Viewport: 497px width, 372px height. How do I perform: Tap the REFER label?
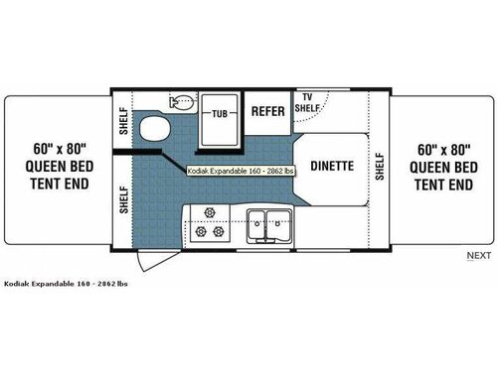tap(268, 112)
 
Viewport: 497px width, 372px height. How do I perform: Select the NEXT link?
tap(478, 256)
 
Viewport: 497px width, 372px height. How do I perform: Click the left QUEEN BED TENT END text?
tap(56, 175)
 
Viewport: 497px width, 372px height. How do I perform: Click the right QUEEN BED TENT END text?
tap(442, 175)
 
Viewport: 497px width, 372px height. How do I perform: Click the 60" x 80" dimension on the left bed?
tap(56, 151)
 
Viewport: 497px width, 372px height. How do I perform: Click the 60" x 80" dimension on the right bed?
tap(442, 151)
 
